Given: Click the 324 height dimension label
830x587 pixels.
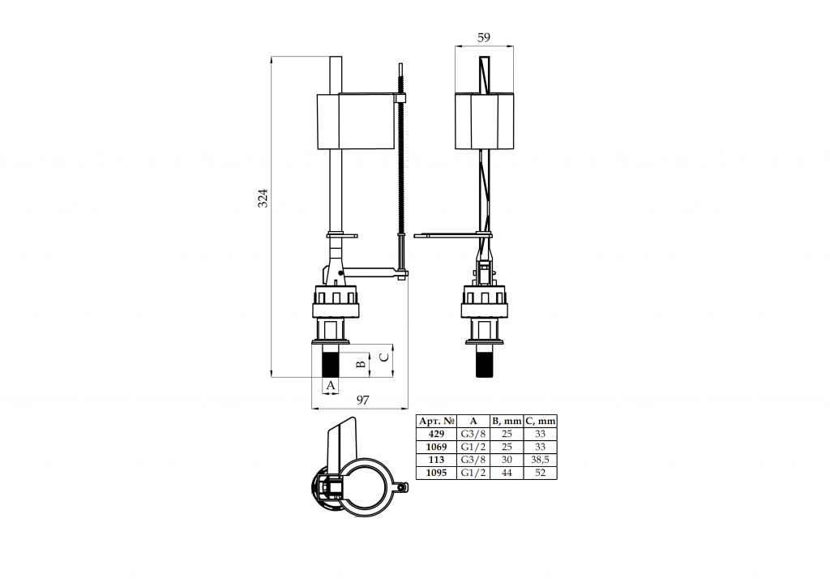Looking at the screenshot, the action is pyautogui.click(x=263, y=198).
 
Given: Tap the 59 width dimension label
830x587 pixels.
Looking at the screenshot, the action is pyautogui.click(x=484, y=37).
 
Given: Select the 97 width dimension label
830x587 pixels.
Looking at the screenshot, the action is pyautogui.click(x=362, y=401).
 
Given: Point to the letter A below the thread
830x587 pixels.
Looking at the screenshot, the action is pyautogui.click(x=331, y=385).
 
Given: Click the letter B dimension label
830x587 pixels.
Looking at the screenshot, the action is pyautogui.click(x=361, y=364).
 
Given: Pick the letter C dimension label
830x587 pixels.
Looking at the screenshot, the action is pyautogui.click(x=385, y=357).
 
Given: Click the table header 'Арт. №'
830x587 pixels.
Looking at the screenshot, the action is pyautogui.click(x=437, y=421).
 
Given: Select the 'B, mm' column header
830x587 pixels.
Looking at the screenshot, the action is pyautogui.click(x=507, y=421).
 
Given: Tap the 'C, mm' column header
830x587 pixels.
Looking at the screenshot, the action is pyautogui.click(x=541, y=421).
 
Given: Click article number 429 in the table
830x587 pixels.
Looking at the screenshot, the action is pyautogui.click(x=436, y=434).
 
